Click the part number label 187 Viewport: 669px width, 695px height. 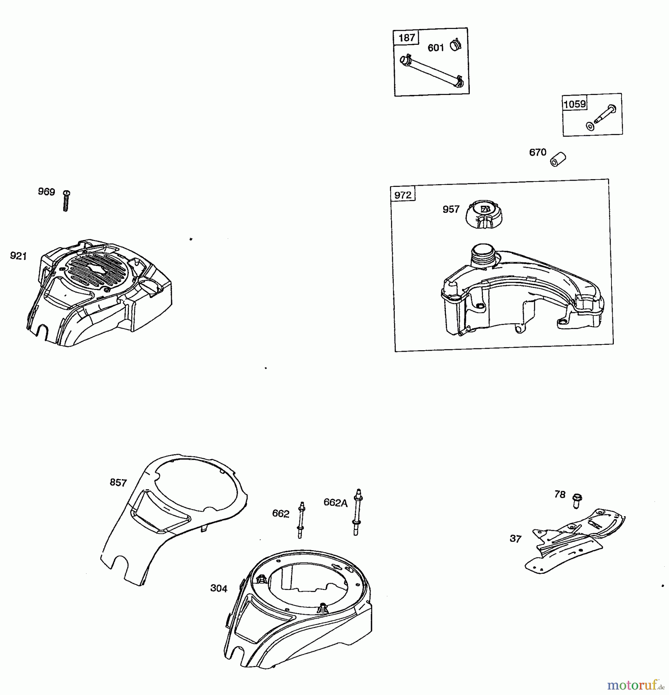406,38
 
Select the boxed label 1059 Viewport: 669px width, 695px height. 574,104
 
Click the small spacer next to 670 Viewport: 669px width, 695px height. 558,159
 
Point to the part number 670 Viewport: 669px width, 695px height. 537,152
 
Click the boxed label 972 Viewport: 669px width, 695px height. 403,195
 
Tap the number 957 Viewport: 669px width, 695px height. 451,209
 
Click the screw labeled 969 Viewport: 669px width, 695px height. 66,201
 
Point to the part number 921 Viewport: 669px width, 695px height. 18,256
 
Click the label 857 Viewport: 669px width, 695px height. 118,482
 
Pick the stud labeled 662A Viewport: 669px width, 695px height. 357,512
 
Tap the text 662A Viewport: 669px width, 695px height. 335,502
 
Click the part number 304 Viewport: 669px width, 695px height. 218,588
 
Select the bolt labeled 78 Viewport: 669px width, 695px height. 578,500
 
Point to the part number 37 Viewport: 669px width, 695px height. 515,539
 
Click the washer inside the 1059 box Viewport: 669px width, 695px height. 590,126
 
